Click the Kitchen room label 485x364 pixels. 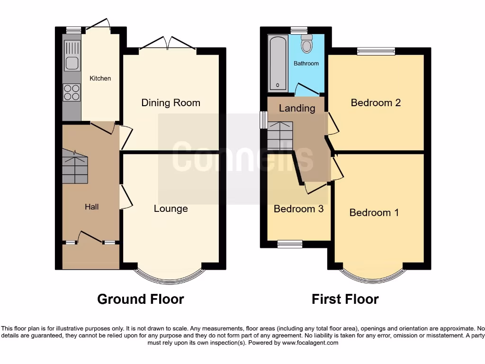pos(100,78)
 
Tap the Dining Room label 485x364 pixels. pos(171,103)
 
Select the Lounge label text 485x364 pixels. pos(171,209)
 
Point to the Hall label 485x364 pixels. pos(91,207)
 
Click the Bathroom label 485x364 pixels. pos(306,64)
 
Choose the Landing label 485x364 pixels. pos(297,108)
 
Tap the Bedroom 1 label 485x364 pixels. pos(374,212)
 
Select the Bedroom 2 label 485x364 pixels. pos(376,102)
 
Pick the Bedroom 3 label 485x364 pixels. pos(298,209)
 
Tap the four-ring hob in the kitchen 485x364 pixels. pos(72,92)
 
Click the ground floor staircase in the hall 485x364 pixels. pos(75,168)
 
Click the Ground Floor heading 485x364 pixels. pos(140,299)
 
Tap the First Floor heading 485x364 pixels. pos(345,299)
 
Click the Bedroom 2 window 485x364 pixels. pos(376,51)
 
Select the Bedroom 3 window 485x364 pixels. pos(290,244)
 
